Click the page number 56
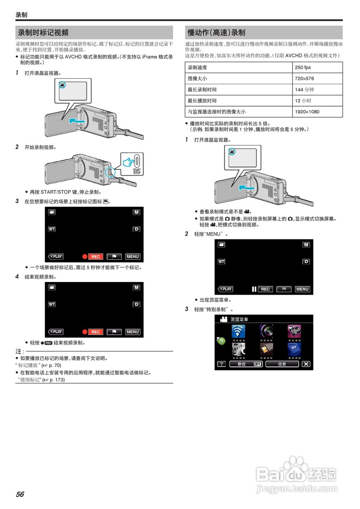click(20, 494)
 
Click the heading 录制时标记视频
click(43, 33)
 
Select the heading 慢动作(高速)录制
click(216, 33)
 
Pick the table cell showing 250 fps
click(303, 68)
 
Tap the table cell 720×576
click(304, 79)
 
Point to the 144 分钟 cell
click(304, 90)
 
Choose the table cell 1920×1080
click(307, 112)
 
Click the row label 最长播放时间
click(202, 101)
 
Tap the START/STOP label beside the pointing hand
click(137, 171)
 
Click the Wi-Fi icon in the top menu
click(238, 331)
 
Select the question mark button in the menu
click(221, 364)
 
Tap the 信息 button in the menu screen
click(282, 364)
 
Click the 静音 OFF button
click(246, 364)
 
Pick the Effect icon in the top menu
click(294, 331)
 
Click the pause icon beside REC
click(254, 289)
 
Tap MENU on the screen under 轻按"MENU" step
click(302, 289)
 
